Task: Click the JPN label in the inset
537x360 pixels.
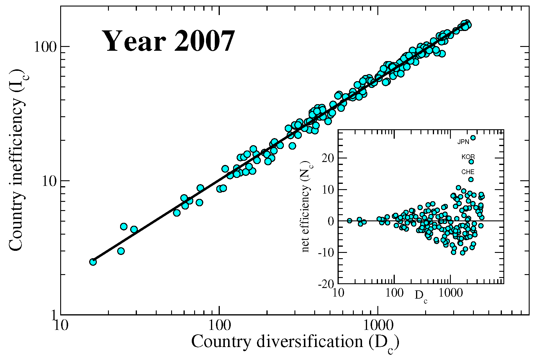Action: point(463,142)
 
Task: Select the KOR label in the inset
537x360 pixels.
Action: point(468,157)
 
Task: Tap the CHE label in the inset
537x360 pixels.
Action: point(468,172)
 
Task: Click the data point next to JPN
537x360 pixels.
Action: point(473,138)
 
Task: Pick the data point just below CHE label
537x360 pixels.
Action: point(471,179)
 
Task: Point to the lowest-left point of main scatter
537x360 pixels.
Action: point(93,262)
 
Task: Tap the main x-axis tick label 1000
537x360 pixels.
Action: point(378,325)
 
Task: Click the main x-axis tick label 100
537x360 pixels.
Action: point(219,325)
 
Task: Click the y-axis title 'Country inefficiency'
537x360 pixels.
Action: point(17,161)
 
